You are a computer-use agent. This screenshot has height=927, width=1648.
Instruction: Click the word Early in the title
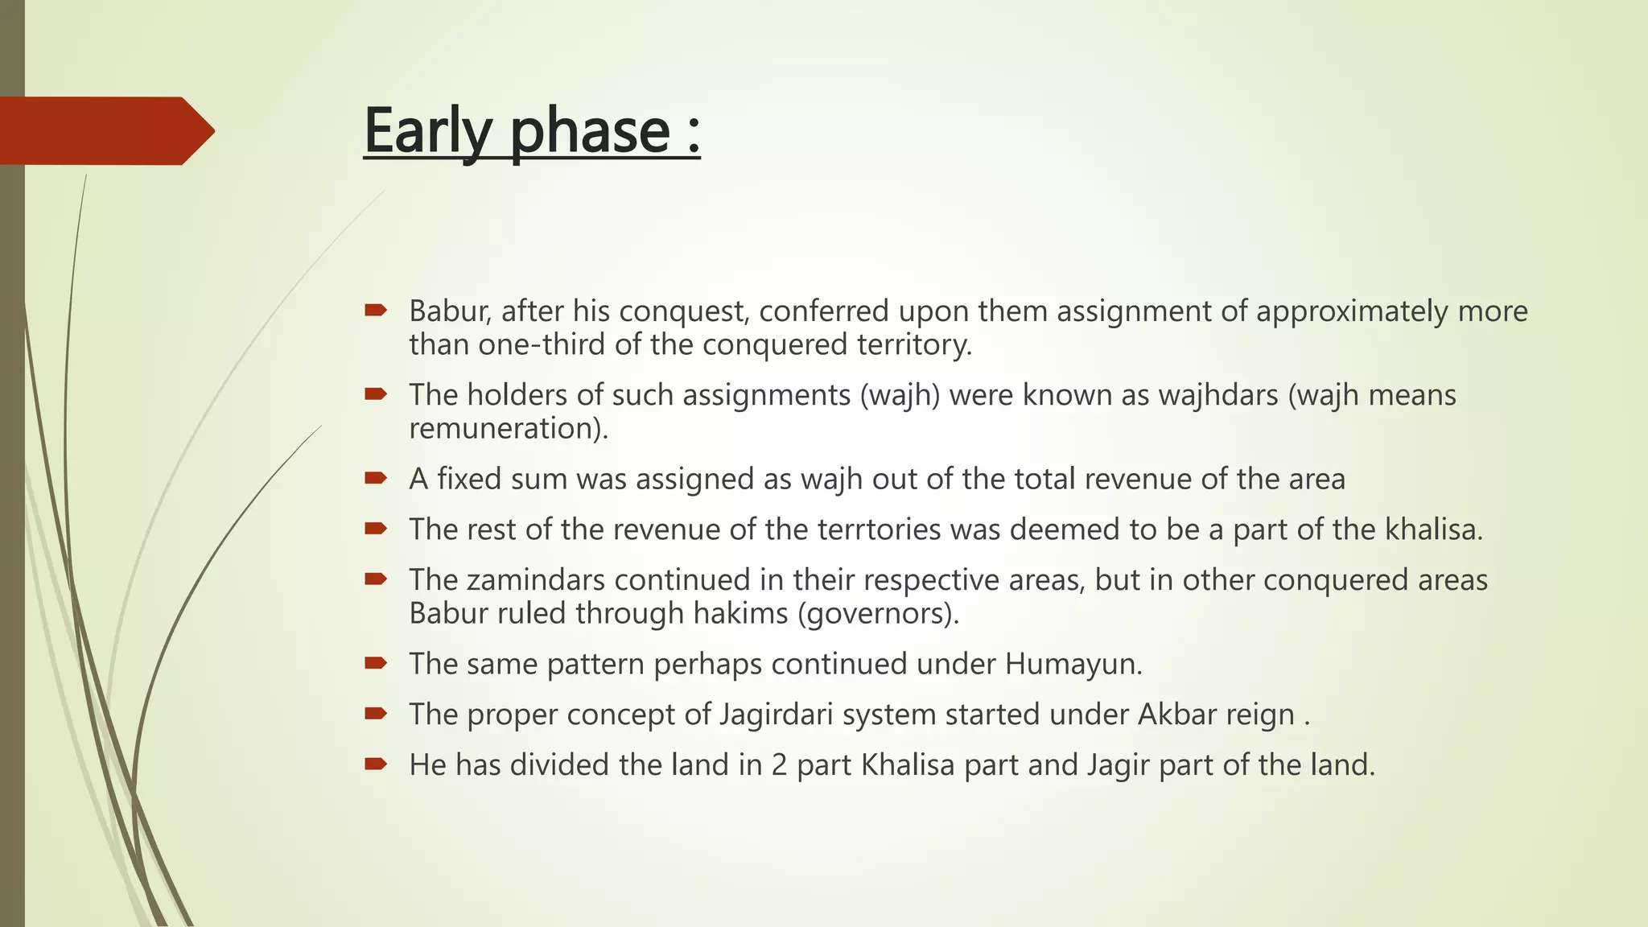[x=426, y=130]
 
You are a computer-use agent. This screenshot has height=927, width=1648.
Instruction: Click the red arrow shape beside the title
[x=105, y=130]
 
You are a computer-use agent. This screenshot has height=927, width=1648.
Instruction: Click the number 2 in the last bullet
[x=779, y=765]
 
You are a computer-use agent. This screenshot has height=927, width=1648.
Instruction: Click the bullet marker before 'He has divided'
[x=375, y=764]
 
